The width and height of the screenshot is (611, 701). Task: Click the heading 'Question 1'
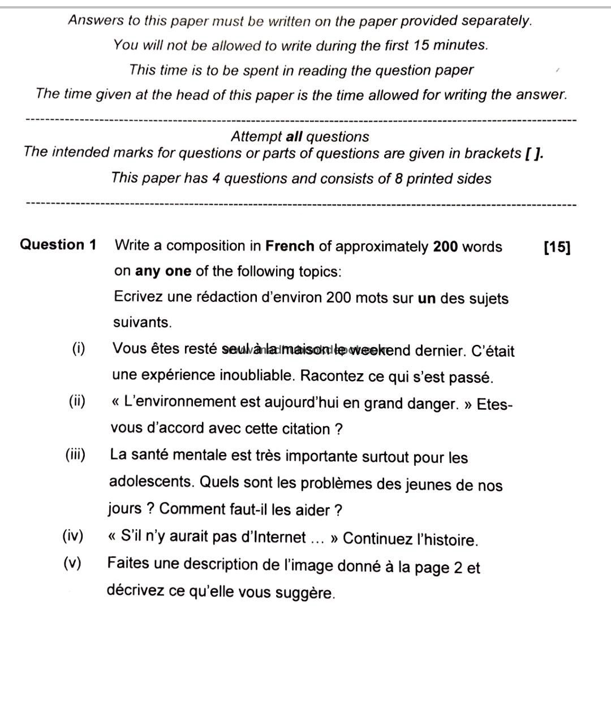(x=58, y=245)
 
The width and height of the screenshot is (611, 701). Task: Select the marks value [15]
(x=557, y=247)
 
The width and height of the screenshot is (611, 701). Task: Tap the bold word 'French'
(x=290, y=246)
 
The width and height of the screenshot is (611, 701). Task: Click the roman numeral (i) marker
(x=79, y=348)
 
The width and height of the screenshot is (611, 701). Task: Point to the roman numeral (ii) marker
(x=77, y=401)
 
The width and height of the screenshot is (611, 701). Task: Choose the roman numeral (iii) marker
(x=75, y=455)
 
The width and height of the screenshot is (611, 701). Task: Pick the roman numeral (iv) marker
(x=73, y=536)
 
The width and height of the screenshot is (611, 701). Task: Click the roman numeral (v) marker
(x=72, y=563)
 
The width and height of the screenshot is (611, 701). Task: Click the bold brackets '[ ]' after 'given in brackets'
(x=534, y=153)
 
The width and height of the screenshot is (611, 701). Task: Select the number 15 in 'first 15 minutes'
(x=421, y=45)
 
